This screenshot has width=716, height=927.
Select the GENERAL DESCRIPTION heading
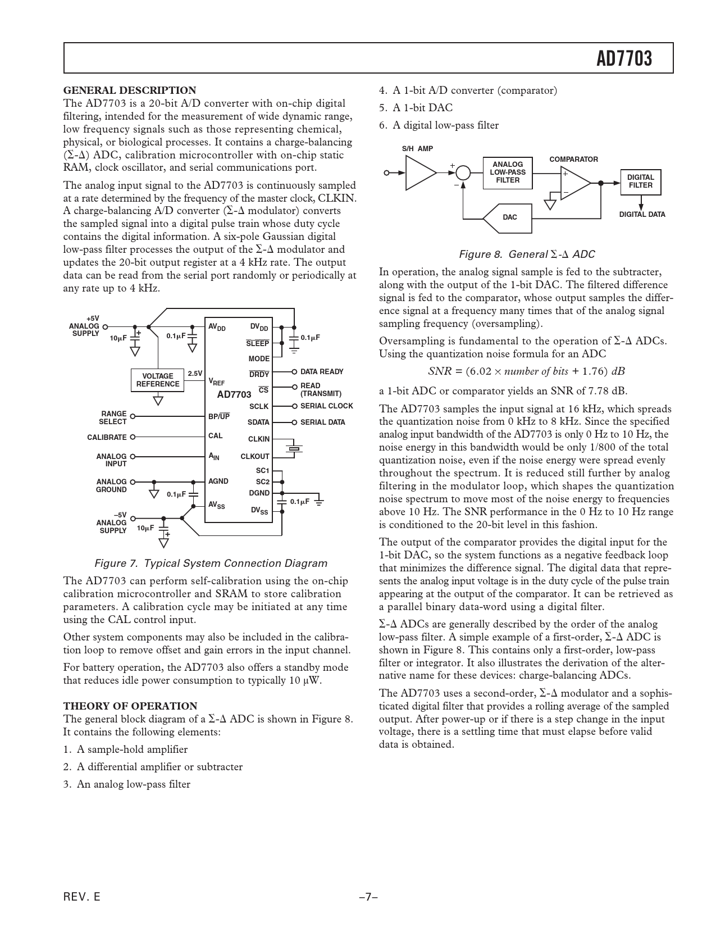coord(130,90)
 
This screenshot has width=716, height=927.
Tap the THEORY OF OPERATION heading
coord(130,706)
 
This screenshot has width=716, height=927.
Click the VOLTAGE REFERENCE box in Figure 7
coord(158,380)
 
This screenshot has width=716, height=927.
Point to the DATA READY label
coord(322,372)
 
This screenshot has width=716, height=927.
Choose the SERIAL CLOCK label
coord(326,406)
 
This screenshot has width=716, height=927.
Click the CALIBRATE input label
coord(107,437)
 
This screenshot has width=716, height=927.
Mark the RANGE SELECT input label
coord(113,417)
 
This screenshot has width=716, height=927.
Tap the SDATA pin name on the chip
coord(258,422)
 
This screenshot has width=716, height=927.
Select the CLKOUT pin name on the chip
coord(255,457)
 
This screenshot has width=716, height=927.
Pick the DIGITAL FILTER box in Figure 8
coord(640,181)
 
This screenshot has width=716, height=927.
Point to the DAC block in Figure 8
coord(509,217)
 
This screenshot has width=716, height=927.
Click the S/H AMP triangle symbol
coord(419,172)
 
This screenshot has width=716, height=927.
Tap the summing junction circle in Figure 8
coord(463,172)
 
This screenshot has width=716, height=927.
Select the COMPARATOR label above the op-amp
coord(573,160)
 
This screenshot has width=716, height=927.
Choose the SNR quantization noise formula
coord(526,371)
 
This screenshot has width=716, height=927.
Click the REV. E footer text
coord(82,897)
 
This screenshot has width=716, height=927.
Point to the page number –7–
coord(367,897)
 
